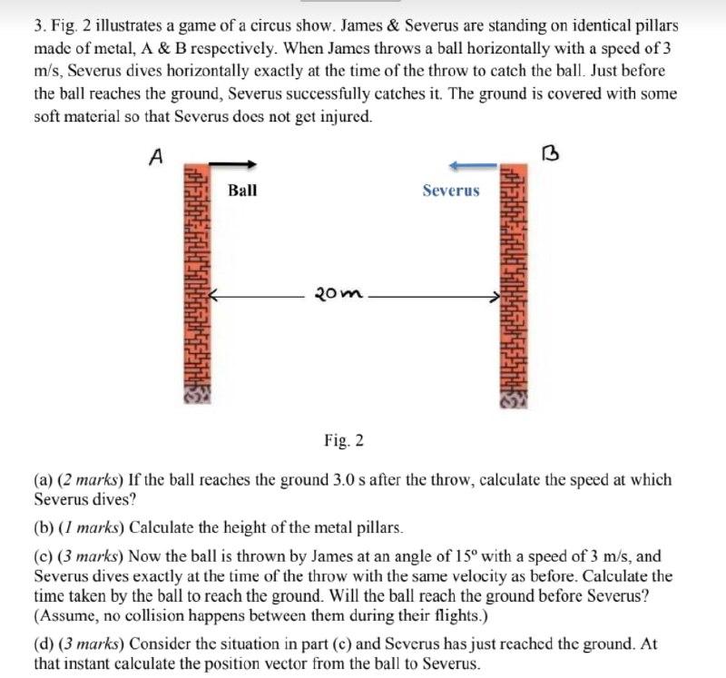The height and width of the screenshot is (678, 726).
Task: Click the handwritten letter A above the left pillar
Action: coord(156,156)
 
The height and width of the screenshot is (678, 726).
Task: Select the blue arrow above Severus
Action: coord(473,165)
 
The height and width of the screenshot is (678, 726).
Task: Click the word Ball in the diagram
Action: coord(242,190)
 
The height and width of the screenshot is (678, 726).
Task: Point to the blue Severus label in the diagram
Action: coord(450,190)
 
